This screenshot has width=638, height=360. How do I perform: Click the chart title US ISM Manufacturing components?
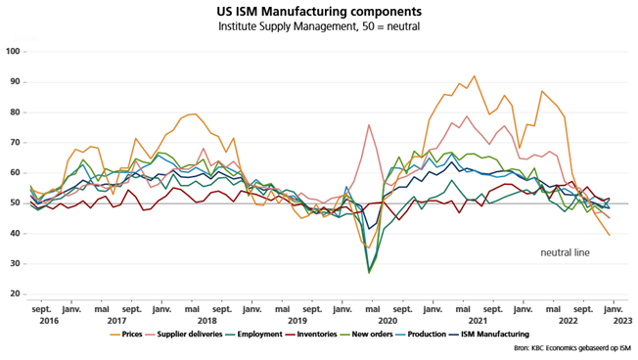319,11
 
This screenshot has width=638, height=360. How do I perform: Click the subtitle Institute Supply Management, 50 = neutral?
319,26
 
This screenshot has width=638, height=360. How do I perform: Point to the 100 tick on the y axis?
13,51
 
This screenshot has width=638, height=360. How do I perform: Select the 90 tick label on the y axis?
16,82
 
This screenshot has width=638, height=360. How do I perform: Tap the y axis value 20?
16,293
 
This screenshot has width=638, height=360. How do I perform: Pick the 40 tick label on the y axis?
16,233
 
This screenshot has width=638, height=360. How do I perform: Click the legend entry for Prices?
126,335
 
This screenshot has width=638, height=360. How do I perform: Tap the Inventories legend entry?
311,335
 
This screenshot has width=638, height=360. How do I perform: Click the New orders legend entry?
367,335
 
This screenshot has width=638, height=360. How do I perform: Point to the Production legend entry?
421,335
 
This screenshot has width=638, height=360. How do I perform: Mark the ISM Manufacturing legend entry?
489,335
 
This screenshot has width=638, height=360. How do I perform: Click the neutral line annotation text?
565,252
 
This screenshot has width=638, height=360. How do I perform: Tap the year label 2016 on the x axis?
49,321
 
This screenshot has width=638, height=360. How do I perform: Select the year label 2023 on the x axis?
622,321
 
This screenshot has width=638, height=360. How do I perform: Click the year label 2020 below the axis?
387,321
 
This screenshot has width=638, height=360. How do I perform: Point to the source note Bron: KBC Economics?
572,348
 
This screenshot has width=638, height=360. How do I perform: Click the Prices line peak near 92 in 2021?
474,76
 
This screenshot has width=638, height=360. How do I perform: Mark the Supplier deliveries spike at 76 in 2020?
369,125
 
